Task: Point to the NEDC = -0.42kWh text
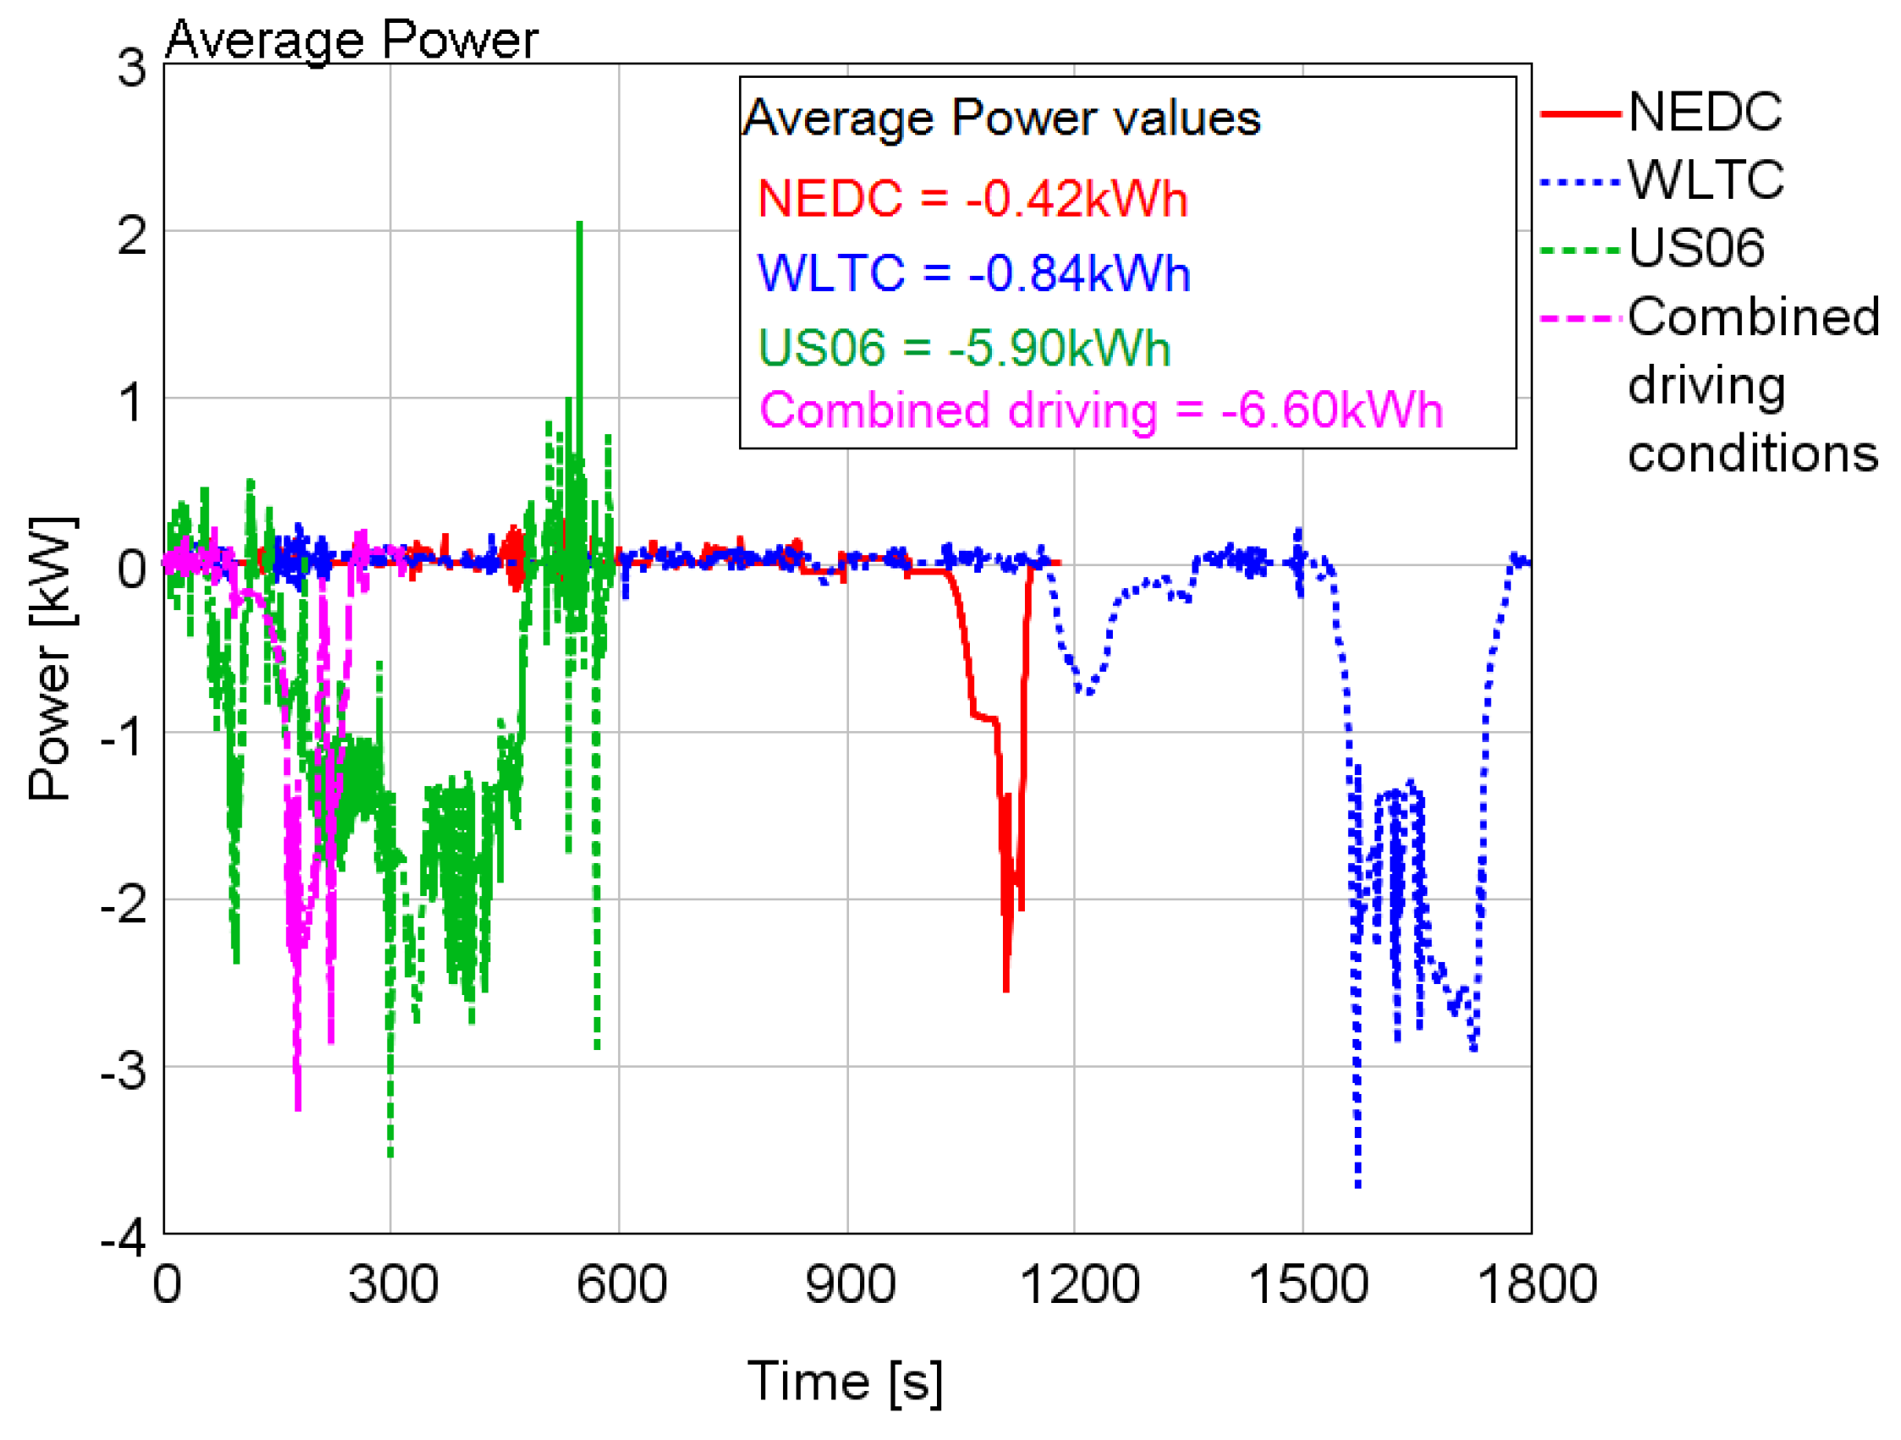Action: pyautogui.click(x=972, y=199)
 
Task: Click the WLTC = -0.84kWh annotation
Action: pyautogui.click(x=972, y=273)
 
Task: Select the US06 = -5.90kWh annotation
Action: pyautogui.click(x=963, y=349)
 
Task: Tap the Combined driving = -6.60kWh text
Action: pyautogui.click(x=1100, y=410)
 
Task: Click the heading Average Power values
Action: pyautogui.click(x=1001, y=118)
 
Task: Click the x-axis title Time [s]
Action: pyautogui.click(x=845, y=1382)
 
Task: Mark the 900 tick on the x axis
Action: pyautogui.click(x=849, y=1284)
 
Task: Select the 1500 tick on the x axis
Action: pyautogui.click(x=1307, y=1284)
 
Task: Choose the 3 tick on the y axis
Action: pyautogui.click(x=131, y=67)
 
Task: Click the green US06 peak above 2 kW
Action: pyautogui.click(x=579, y=225)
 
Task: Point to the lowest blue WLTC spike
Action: pyautogui.click(x=1357, y=1184)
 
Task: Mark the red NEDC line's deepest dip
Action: pyautogui.click(x=1005, y=989)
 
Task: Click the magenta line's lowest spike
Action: pyautogui.click(x=299, y=1107)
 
